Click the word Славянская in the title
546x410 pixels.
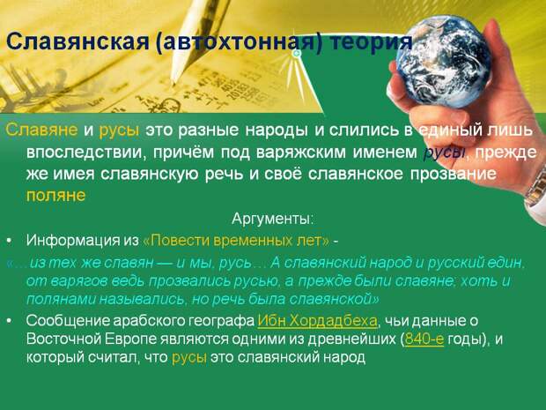[x=77, y=42]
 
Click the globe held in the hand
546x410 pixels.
[x=443, y=62]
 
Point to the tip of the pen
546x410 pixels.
[x=173, y=84]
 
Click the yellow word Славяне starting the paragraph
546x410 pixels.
[x=41, y=130]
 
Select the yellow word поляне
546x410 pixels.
[x=55, y=195]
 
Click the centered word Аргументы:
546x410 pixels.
[x=273, y=219]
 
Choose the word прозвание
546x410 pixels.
[x=453, y=175]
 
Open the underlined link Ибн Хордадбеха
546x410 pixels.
[x=317, y=321]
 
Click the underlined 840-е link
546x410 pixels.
[x=424, y=339]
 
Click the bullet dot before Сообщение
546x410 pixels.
[x=9, y=321]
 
